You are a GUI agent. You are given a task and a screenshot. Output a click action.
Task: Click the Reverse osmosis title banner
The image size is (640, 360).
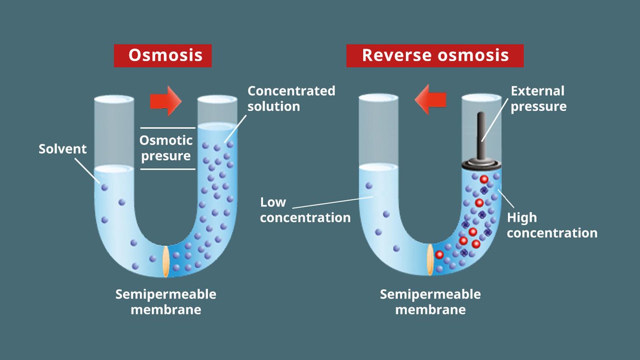[x=435, y=55]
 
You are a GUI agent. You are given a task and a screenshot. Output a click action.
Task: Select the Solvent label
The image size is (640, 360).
[x=63, y=149]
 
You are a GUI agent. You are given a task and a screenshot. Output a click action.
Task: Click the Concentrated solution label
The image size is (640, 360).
[x=291, y=98]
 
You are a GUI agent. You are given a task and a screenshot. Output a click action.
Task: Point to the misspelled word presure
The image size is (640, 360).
[x=166, y=156]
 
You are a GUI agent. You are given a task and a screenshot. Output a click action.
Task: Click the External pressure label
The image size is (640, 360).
[x=538, y=98]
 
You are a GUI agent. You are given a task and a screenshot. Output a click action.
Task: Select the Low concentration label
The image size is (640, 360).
[x=305, y=210]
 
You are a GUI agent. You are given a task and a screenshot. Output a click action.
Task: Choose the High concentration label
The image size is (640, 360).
[x=552, y=225]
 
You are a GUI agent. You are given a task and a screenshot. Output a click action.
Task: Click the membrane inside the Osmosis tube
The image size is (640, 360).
[x=166, y=261]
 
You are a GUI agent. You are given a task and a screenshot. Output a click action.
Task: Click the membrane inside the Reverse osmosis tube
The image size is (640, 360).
[x=430, y=259]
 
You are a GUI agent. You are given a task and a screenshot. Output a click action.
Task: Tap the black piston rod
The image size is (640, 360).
[x=481, y=134]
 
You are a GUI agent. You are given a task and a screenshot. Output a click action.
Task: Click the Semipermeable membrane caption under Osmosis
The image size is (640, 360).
[x=166, y=302]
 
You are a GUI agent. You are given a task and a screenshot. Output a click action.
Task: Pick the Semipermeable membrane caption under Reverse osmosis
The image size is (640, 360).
[x=430, y=302]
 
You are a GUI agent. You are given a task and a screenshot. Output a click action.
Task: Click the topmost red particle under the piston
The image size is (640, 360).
[x=484, y=179]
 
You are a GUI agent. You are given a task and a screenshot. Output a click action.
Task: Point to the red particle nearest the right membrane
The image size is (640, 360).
[x=439, y=255]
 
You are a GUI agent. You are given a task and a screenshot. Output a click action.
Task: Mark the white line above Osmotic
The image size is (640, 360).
[x=167, y=127]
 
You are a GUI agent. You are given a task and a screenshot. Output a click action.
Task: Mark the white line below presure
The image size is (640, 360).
[x=167, y=169]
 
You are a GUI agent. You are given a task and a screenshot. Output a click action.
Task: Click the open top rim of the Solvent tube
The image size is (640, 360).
[x=114, y=99]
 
